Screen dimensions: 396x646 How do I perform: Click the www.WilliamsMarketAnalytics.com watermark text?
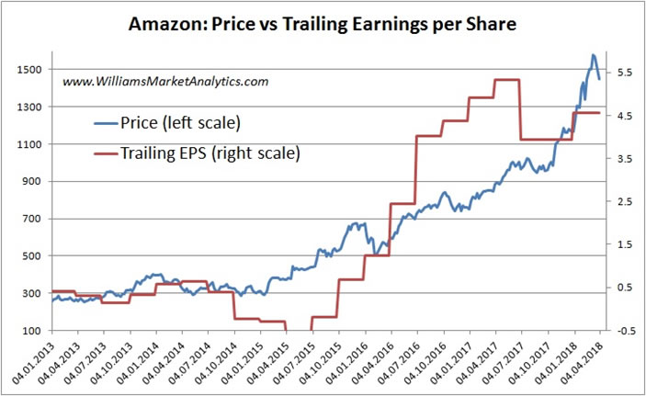165,82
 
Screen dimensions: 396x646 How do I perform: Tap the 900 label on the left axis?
29,181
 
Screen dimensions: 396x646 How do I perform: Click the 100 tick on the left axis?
29,330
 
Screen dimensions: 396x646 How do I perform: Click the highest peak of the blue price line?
594,55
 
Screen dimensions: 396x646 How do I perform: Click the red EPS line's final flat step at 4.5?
587,113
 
